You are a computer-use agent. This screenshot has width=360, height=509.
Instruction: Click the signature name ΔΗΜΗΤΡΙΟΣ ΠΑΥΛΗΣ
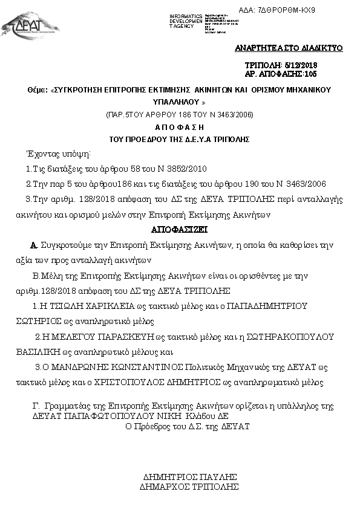click(x=189, y=476)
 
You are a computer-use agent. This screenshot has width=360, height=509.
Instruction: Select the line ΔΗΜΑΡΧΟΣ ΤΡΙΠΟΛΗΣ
click(x=189, y=486)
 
